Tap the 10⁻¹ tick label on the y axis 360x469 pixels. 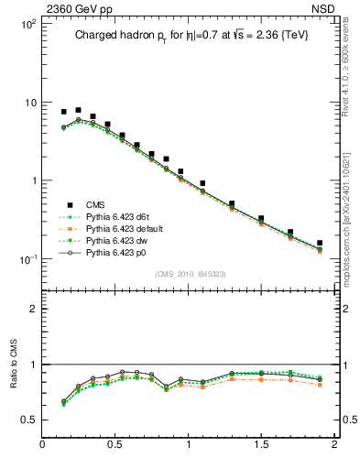coord(27,258)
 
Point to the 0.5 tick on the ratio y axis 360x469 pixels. coord(28,420)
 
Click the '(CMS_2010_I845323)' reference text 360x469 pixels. coord(188,273)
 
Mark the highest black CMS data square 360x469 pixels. coord(78,110)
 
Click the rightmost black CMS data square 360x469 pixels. coord(320,244)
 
